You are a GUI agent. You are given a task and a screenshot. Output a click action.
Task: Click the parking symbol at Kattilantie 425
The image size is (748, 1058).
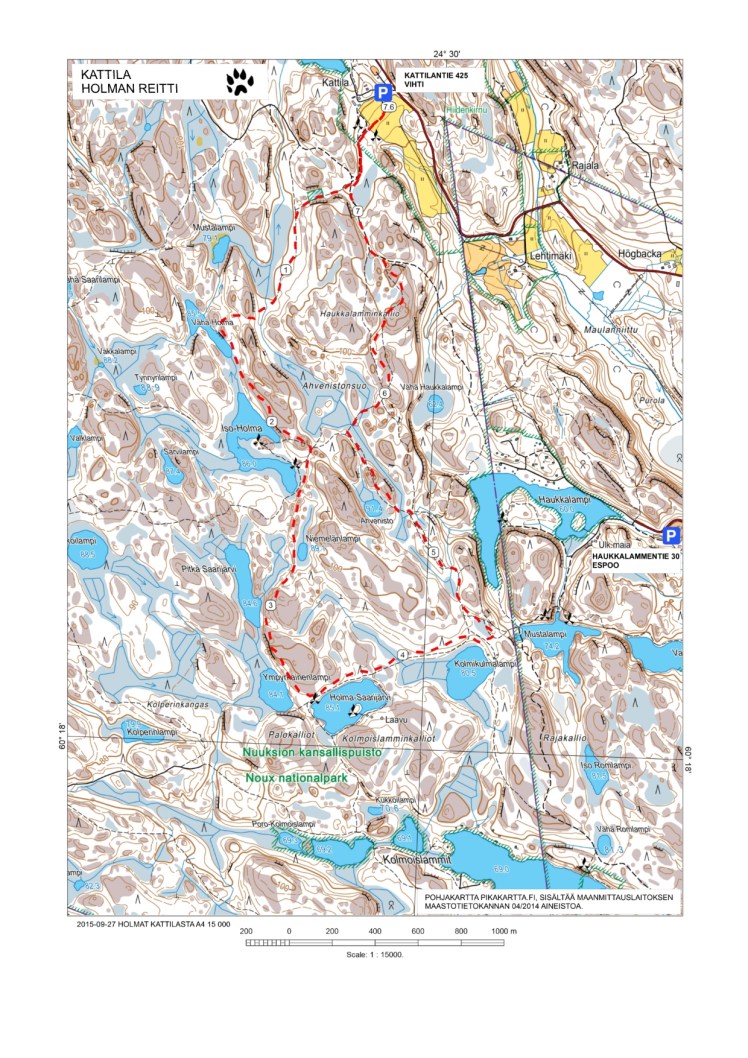(382, 91)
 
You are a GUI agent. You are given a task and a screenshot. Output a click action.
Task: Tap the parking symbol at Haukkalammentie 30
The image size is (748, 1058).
(672, 535)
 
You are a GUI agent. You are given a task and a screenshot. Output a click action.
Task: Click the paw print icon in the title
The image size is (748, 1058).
(239, 81)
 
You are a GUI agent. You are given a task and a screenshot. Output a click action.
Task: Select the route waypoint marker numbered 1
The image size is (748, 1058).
(286, 270)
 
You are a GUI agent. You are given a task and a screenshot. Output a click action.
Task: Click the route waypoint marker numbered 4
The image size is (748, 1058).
(403, 654)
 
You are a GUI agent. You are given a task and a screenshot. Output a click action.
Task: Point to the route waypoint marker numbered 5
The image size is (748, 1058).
(432, 552)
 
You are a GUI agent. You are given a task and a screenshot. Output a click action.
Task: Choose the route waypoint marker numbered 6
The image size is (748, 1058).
(383, 396)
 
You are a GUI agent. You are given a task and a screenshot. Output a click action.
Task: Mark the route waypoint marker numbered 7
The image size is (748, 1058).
(356, 213)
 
